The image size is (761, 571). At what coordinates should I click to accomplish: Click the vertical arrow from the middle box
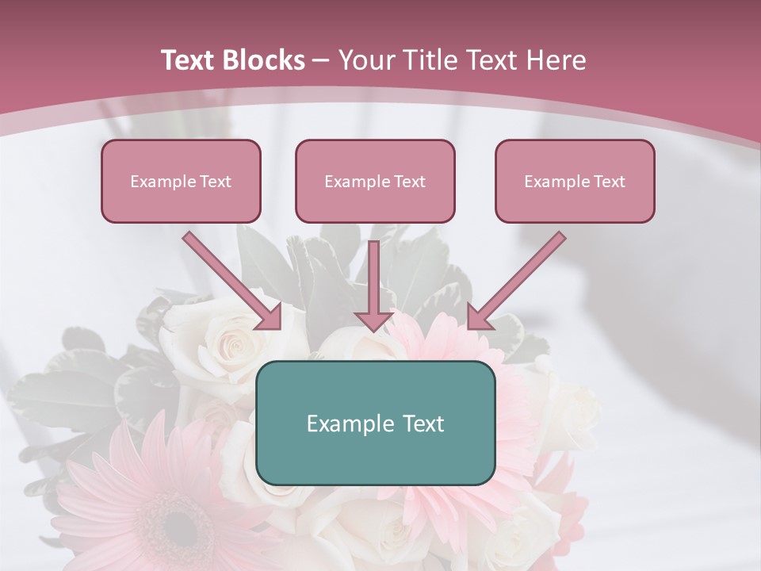pos(373,278)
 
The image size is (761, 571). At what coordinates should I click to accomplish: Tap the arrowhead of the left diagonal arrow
pos(270,317)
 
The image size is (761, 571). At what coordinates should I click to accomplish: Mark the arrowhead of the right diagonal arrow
pos(479,317)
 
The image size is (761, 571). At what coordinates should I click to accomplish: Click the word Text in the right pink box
pos(610,182)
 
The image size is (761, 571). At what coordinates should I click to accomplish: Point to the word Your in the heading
pos(365,60)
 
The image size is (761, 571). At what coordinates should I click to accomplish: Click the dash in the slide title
pos(321,61)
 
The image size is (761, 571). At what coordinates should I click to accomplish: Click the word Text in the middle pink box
pos(410,182)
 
